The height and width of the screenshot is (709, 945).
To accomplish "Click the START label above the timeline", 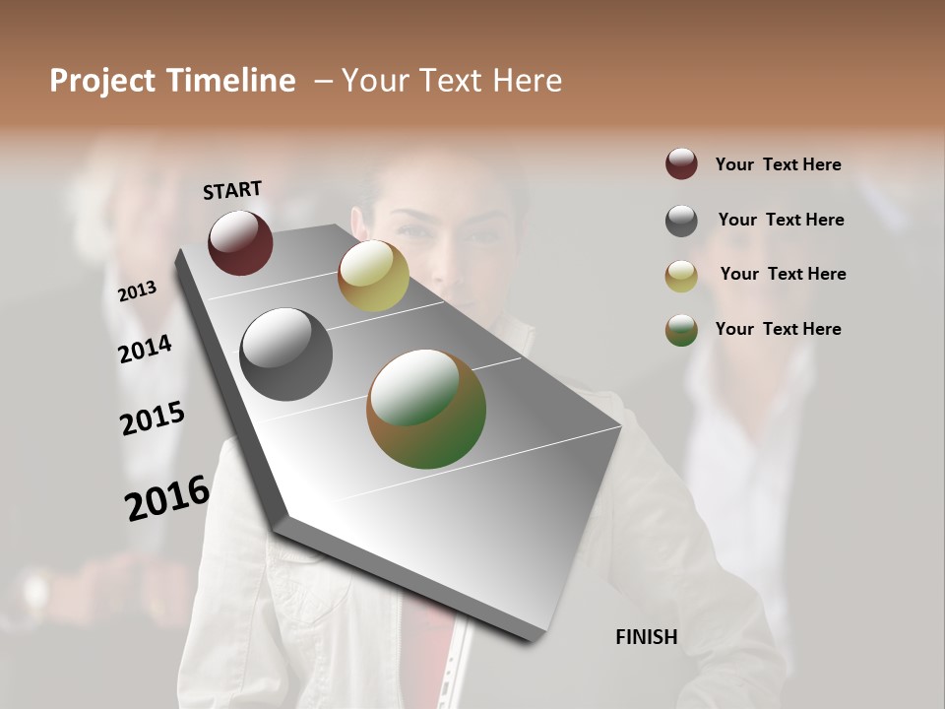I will coord(232,190).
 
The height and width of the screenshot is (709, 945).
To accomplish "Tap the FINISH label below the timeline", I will coord(647,637).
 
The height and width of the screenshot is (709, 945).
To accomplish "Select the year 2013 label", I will coord(138,291).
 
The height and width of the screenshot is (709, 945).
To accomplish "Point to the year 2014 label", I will coord(146,349).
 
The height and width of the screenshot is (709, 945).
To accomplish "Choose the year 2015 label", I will coord(153,419).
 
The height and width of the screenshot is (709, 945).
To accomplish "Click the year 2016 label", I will coord(167,497).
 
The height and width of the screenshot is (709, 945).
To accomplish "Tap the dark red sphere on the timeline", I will coord(240,242).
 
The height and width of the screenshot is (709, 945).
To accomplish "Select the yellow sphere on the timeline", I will coord(373,276).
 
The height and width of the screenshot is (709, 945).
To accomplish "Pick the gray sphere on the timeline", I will coord(286,354).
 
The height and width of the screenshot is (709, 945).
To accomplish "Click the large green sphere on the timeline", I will coord(426,409).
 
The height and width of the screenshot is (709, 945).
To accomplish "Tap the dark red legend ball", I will coord(681,163).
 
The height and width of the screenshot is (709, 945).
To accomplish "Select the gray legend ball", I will coord(681,221).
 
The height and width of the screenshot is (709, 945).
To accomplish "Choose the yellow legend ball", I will coord(681,276).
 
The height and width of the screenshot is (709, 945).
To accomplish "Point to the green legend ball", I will coord(681,330).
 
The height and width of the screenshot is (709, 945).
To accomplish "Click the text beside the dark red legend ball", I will coord(778,164).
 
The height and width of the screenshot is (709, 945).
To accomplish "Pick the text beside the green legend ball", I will coord(778,329).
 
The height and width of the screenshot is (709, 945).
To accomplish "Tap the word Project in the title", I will coord(101,81).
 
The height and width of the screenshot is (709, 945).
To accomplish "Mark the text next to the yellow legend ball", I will coord(783,274).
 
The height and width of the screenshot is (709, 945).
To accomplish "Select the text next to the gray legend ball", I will coord(781,220).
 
